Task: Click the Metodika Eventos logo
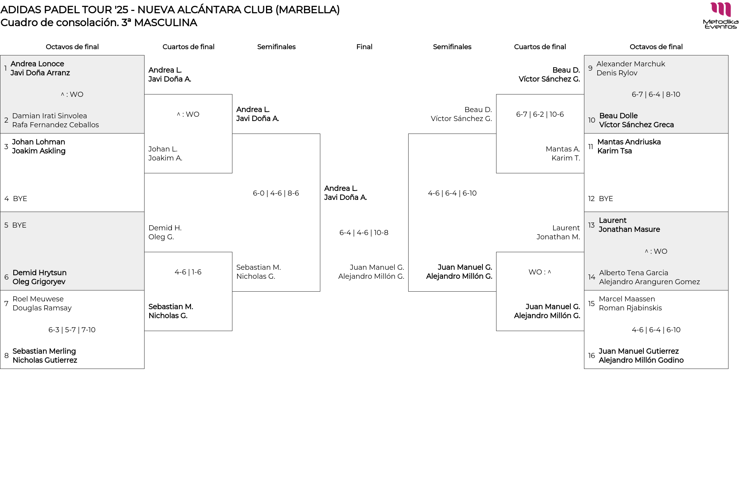pos(720,16)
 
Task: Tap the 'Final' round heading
pos(364,47)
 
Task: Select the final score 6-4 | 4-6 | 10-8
pos(364,233)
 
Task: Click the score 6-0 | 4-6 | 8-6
pos(276,193)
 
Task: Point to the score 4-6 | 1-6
pos(188,272)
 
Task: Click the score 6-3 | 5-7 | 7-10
pos(72,330)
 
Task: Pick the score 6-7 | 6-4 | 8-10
pos(656,94)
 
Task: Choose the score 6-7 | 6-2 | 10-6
pos(540,114)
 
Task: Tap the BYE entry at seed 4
pos(20,199)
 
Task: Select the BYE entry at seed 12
pos(606,199)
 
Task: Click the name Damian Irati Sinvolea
pos(50,116)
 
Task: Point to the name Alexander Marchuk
pos(630,64)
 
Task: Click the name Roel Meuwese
pos(38,299)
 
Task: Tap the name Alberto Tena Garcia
pos(634,273)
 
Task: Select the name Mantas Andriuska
pos(629,142)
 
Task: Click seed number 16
pos(591,356)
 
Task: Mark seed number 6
pos(6,277)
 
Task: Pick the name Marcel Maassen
pos(627,299)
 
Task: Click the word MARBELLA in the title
pos(308,10)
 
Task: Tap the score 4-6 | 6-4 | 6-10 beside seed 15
pos(656,330)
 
